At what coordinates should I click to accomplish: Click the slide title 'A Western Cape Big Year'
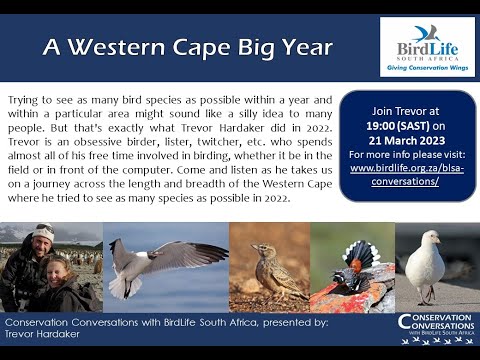pos(188,47)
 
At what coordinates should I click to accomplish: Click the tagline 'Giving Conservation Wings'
pos(427,69)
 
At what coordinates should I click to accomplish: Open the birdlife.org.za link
pos(406,173)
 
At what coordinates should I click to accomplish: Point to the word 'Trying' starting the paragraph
pos(25,102)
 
